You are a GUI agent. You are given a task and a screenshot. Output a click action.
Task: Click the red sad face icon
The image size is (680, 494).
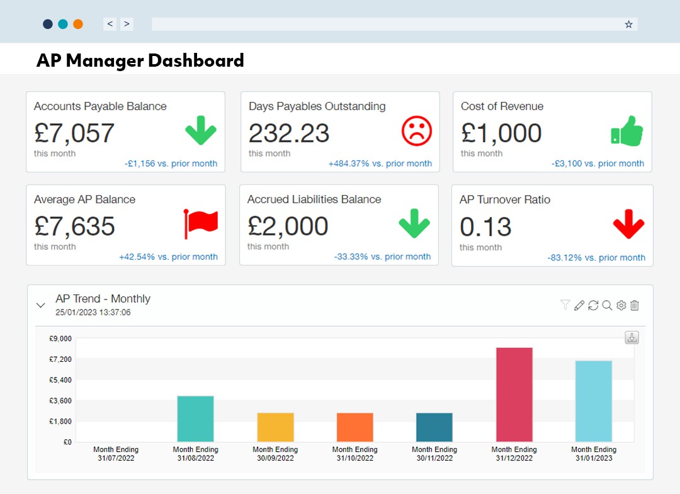pos(417,131)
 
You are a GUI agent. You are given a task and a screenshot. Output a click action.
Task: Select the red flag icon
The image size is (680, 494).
pos(200,223)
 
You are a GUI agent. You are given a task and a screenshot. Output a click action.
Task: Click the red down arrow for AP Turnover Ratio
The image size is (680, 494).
pos(628,224)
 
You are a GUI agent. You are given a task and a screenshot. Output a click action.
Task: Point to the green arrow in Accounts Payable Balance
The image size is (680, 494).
pos(201,131)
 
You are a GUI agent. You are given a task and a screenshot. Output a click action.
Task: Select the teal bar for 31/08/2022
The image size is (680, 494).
pos(195,418)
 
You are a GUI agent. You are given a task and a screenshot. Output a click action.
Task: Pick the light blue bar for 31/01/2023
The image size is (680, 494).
pos(593,401)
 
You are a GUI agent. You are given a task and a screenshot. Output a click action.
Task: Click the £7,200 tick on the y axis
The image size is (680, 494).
pos(60,359)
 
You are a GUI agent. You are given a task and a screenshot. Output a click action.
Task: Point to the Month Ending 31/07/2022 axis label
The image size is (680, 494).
pos(116,454)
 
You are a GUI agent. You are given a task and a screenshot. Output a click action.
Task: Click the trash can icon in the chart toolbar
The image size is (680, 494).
pos(635,305)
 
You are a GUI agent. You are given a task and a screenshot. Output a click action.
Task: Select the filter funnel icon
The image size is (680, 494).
pos(565,305)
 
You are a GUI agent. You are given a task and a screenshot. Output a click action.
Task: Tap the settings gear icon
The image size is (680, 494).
pos(621,305)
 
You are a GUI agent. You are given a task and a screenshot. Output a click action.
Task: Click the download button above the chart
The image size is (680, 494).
pos(632,337)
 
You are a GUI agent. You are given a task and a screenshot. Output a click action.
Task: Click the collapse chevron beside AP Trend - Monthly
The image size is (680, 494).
pos(41,305)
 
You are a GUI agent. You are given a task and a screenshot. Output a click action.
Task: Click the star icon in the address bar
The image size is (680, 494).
pos(628,24)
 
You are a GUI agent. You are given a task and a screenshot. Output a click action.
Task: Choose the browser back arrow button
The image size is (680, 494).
pos(110,24)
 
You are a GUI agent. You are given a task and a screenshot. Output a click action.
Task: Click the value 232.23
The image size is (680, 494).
pos(289,133)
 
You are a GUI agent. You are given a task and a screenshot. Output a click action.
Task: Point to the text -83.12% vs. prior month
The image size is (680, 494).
pos(596,257)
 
